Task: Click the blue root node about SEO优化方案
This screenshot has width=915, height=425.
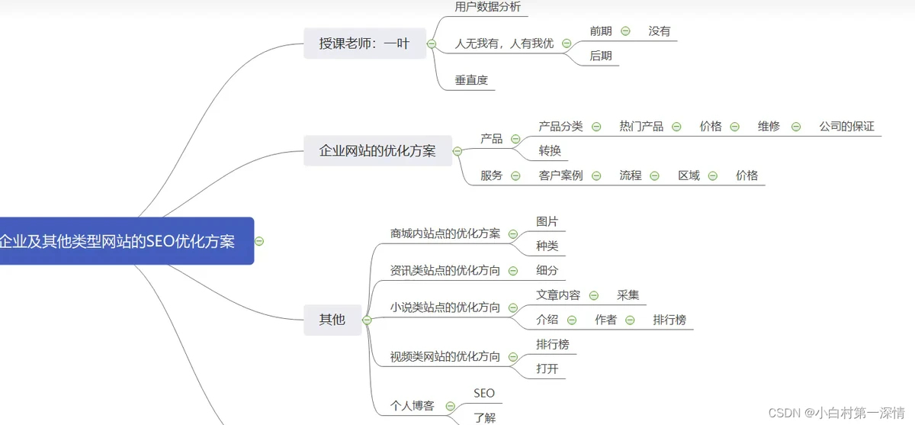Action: [122, 241]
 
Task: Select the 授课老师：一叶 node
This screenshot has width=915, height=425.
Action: [364, 43]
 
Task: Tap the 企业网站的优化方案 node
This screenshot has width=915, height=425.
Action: [377, 150]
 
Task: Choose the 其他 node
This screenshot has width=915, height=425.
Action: [332, 319]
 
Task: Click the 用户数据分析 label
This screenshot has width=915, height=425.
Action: [487, 7]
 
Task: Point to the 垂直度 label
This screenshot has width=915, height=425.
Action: [471, 79]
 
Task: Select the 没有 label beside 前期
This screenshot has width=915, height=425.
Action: [660, 31]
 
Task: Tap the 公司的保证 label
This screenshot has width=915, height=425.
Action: [846, 127]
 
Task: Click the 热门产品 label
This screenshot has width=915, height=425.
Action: [641, 127]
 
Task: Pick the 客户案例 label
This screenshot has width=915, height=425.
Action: [560, 175]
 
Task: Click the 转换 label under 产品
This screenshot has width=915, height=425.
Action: [550, 150]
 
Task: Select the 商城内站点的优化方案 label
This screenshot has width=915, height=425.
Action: [445, 233]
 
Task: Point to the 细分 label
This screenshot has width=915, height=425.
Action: [547, 270]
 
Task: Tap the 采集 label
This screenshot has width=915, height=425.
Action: [628, 295]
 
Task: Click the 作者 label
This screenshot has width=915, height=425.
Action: [606, 320]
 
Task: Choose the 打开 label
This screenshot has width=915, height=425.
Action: [547, 369]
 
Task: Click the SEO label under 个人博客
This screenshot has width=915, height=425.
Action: [484, 394]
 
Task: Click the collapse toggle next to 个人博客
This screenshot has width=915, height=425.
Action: [451, 406]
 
